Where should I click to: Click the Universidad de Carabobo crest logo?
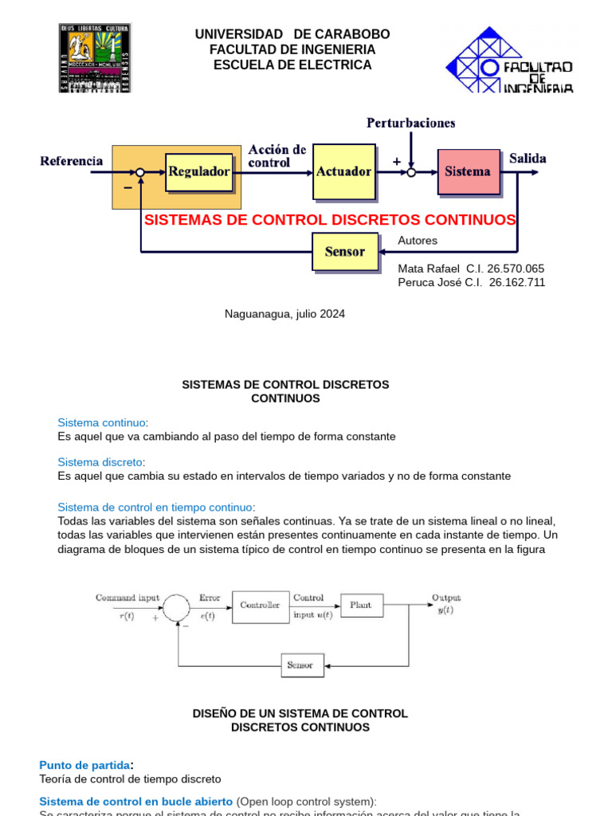[x=94, y=57]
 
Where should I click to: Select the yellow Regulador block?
[x=198, y=171]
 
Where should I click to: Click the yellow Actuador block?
[x=343, y=171]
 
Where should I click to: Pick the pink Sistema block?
[x=469, y=171]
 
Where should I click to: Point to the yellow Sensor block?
[x=345, y=252]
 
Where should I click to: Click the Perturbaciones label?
[x=410, y=123]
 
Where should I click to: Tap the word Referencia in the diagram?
[x=72, y=161]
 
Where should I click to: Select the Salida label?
[x=528, y=159]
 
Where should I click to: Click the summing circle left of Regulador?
[x=140, y=171]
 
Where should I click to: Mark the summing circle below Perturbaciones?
[x=411, y=171]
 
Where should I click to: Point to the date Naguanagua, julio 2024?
[x=284, y=314]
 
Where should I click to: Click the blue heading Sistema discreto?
[x=100, y=462]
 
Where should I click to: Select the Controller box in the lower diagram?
[x=261, y=606]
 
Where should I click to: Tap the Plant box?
[x=361, y=606]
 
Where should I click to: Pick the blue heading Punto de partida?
[x=84, y=765]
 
